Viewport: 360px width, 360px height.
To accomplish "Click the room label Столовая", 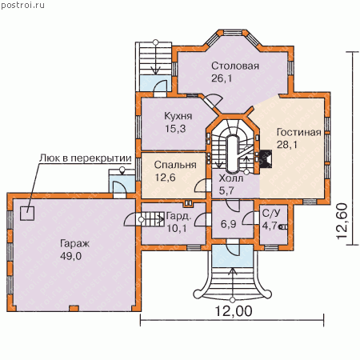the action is point(235,66).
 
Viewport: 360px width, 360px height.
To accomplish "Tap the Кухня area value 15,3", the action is point(175,129).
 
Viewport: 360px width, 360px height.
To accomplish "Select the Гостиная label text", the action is point(298,132).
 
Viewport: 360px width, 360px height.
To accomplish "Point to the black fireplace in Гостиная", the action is point(265,159).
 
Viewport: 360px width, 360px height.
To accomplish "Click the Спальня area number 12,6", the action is point(166,178).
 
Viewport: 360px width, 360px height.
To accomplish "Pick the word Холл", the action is point(231,178).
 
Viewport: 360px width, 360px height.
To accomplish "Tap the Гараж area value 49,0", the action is point(70,256).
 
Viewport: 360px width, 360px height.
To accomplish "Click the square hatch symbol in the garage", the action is point(27,214).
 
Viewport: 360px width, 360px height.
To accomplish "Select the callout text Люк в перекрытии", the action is point(86,158).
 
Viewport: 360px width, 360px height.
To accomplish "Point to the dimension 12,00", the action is point(234,311).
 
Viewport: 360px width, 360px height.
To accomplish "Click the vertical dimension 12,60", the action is point(342,221).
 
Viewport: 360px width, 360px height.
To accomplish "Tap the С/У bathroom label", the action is point(271,213).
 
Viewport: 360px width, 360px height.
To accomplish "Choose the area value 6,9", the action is point(229,224).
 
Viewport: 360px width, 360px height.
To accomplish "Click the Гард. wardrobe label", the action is point(178,216).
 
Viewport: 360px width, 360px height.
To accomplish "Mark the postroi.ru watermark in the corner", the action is point(22,5).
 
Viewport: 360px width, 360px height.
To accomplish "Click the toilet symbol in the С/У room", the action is point(283,227).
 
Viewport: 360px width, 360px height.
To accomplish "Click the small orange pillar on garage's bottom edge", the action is point(74,308).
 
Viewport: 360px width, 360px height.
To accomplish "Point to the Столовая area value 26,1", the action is point(222,78).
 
